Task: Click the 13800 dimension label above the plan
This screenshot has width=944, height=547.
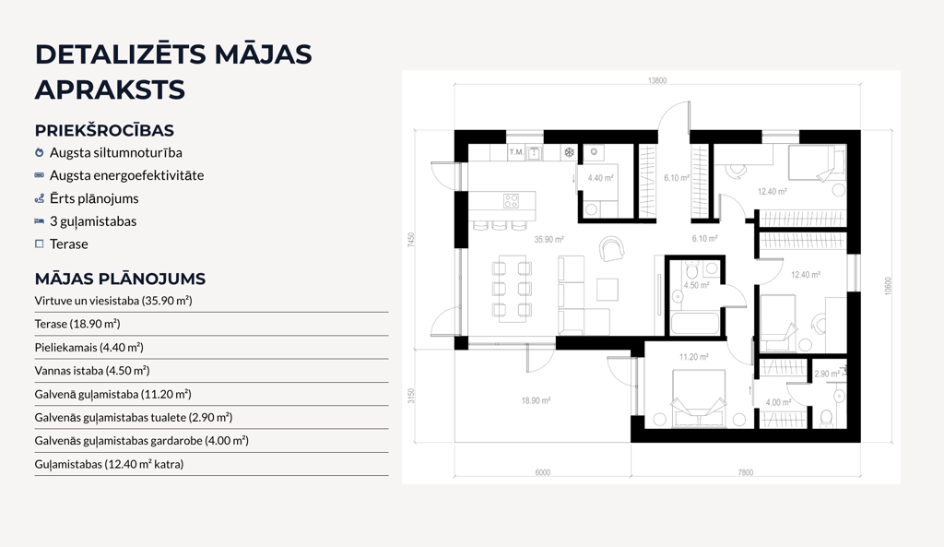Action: pyautogui.click(x=656, y=80)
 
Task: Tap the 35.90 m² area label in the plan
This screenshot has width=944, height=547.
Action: pyautogui.click(x=549, y=239)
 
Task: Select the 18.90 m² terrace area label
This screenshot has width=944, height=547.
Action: pyautogui.click(x=536, y=400)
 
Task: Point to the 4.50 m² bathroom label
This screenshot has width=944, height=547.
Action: pyautogui.click(x=696, y=286)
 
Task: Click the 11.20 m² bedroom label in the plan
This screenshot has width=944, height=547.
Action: pyautogui.click(x=693, y=357)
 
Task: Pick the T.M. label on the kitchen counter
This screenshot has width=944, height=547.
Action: pyautogui.click(x=516, y=152)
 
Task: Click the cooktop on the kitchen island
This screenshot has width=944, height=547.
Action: pyautogui.click(x=511, y=200)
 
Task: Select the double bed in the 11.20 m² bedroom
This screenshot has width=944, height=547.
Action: pyautogui.click(x=699, y=398)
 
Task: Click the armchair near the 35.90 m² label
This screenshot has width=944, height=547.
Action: pyautogui.click(x=612, y=248)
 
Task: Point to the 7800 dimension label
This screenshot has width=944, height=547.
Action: pyautogui.click(x=745, y=472)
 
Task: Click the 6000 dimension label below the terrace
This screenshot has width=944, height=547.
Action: pyautogui.click(x=542, y=472)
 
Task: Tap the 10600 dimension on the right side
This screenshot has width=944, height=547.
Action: pyautogui.click(x=888, y=286)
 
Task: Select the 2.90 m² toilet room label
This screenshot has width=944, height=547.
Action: pyautogui.click(x=827, y=375)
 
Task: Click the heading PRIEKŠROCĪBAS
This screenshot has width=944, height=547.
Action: pyautogui.click(x=104, y=130)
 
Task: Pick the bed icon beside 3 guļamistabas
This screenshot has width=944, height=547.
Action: pyautogui.click(x=39, y=221)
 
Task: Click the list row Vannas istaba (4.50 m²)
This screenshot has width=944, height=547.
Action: pyautogui.click(x=92, y=371)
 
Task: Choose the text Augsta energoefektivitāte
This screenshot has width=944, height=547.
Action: pyautogui.click(x=127, y=175)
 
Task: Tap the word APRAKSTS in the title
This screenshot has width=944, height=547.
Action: pyautogui.click(x=110, y=89)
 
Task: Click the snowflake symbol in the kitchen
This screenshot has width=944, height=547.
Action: pyautogui.click(x=569, y=152)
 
